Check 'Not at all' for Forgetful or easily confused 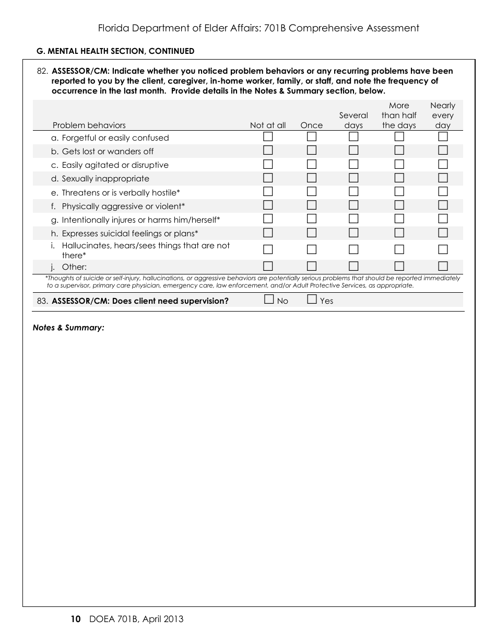click(268, 137)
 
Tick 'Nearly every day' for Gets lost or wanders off click(443, 151)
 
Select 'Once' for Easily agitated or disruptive click(312, 164)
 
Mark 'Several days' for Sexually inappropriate click(353, 178)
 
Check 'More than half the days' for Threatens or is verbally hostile click(399, 191)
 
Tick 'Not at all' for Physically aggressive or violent click(268, 205)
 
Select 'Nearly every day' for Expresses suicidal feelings click(443, 233)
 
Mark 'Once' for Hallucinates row click(312, 249)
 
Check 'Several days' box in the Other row click(353, 266)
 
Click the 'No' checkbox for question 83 click(269, 300)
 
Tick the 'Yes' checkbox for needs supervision click(312, 300)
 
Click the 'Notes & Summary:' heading click(68, 328)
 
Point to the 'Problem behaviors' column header click(89, 125)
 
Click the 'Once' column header click(312, 125)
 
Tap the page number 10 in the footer click(75, 619)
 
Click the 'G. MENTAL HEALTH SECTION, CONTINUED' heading click(115, 51)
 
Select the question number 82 click(43, 71)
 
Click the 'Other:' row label click(74, 267)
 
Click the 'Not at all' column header click(268, 125)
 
